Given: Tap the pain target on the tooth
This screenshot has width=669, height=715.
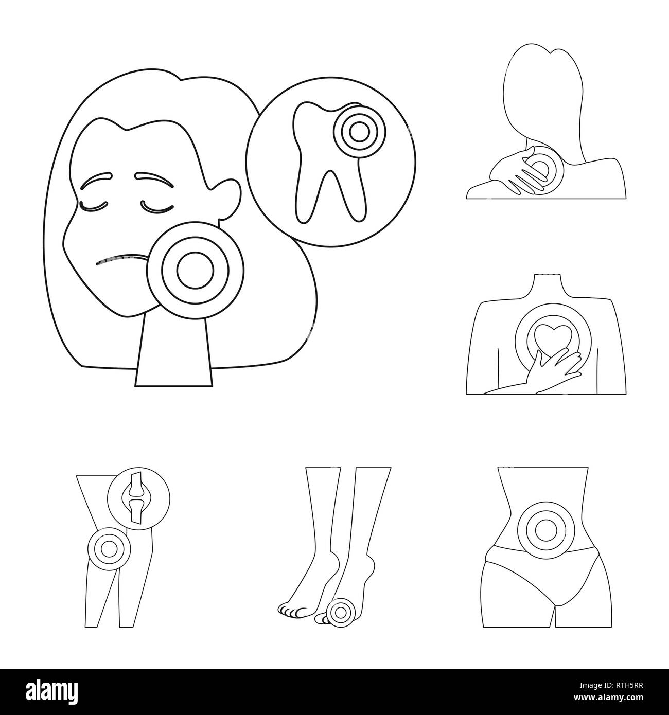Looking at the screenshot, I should coord(354,131).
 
